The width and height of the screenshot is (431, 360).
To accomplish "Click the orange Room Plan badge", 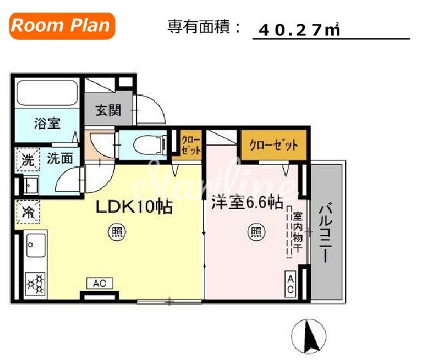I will coord(61,26).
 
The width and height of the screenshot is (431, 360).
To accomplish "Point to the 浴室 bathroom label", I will coord(47,123).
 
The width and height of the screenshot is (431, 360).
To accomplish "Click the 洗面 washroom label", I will coord(60,160).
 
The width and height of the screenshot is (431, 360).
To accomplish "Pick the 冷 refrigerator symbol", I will coord(27,213).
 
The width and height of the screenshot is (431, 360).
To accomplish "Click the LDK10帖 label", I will coord(134,207).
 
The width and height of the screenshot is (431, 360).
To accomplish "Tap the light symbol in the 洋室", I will coord(255,232).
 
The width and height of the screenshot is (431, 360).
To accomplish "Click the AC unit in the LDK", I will coord(99,283).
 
